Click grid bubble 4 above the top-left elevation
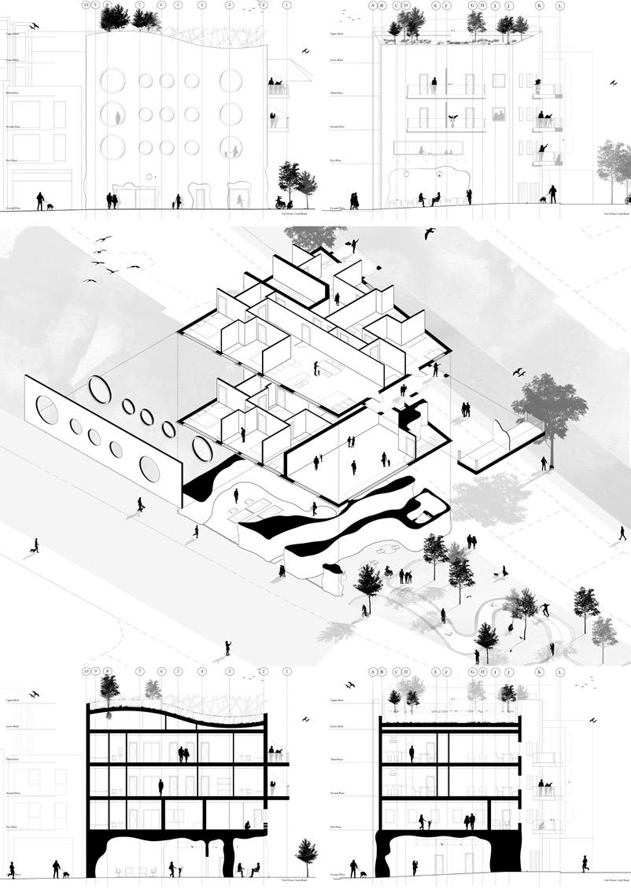click(x=202, y=6)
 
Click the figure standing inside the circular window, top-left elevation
click(x=118, y=117)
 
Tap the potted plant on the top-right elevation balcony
click(x=452, y=120)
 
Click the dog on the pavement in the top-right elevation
click(x=543, y=200)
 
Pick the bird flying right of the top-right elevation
click(x=613, y=81)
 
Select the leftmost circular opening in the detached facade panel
click(x=47, y=410)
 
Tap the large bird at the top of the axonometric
click(x=430, y=234)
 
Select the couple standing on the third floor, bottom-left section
click(x=183, y=754)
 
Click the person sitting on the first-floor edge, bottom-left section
click(x=247, y=825)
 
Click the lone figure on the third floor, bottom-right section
click(x=411, y=754)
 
